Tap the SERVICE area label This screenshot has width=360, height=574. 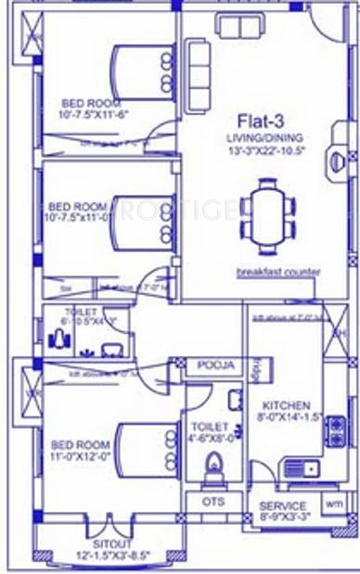[x=282, y=506]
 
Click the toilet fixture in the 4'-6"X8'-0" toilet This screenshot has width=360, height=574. [x=213, y=468]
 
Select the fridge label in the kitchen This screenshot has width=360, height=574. [x=254, y=369]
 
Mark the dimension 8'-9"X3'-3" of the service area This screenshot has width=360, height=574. [x=282, y=517]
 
